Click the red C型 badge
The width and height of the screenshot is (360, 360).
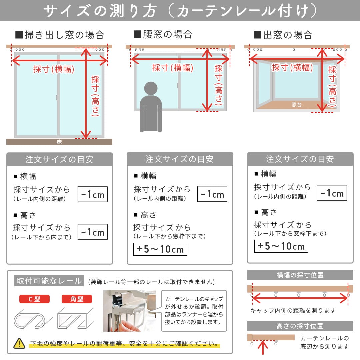pos(34,299)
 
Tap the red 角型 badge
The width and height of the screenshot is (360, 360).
pos(77,299)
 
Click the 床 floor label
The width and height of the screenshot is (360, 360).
pos(59,142)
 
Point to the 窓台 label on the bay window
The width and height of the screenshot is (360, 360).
pos(296,104)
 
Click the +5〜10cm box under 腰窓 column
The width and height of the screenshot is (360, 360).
pos(160,249)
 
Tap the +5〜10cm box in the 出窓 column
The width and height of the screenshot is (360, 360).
pos(281,246)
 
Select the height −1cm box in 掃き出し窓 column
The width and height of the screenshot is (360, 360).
pos(93,232)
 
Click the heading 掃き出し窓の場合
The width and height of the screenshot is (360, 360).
pos(60,35)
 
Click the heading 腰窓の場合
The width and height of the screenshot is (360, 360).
pos(163,34)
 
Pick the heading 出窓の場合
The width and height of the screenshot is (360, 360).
pos(283,34)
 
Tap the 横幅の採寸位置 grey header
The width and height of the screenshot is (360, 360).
pos(300,275)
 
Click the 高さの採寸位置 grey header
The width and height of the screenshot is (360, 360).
pos(300,326)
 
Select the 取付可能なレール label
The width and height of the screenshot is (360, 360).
pos(49,281)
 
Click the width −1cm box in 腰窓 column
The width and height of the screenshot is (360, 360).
pos(212,194)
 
